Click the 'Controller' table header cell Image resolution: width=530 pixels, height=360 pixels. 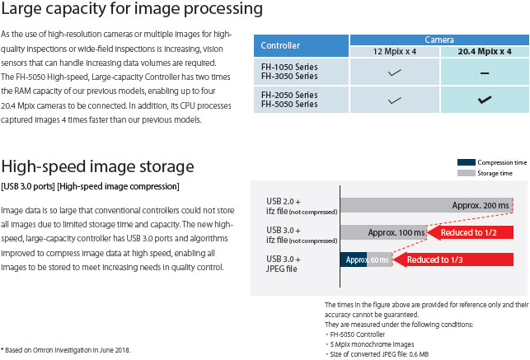pyautogui.click(x=301, y=45)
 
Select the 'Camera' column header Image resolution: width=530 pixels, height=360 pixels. pyautogui.click(x=439, y=40)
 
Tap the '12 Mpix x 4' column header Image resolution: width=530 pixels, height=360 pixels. pyautogui.click(x=395, y=52)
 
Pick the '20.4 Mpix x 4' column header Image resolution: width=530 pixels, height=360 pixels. pyautogui.click(x=485, y=52)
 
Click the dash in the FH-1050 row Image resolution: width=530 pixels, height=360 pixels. pyautogui.click(x=485, y=73)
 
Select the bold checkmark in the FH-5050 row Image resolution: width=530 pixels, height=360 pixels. pyautogui.click(x=485, y=100)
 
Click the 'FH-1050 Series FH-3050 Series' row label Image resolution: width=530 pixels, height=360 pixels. pyautogui.click(x=289, y=72)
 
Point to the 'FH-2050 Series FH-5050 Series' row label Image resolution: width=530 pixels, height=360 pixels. pyautogui.click(x=289, y=100)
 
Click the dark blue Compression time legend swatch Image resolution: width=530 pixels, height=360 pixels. pyautogui.click(x=466, y=162)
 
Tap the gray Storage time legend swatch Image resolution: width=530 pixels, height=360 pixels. pyautogui.click(x=466, y=173)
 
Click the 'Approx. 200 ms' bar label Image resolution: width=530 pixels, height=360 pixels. pyautogui.click(x=481, y=205)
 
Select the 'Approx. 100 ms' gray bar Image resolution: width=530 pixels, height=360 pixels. pyautogui.click(x=383, y=232)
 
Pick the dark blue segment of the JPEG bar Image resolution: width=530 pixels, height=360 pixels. pyautogui.click(x=354, y=259)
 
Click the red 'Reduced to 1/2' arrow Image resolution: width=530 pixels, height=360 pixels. pyautogui.click(x=470, y=232)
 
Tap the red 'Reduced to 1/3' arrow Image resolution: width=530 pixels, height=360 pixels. pyautogui.click(x=453, y=259)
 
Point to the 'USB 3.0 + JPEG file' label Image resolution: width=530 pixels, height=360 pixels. pyautogui.click(x=284, y=264)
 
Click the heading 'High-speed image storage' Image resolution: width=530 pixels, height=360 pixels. pyautogui.click(x=98, y=167)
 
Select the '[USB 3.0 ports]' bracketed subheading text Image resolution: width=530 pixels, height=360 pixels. pyautogui.click(x=28, y=186)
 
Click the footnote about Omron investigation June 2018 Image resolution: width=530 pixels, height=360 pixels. pyautogui.click(x=66, y=350)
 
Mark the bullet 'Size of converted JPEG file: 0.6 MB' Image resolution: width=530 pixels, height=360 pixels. pyautogui.click(x=378, y=354)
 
